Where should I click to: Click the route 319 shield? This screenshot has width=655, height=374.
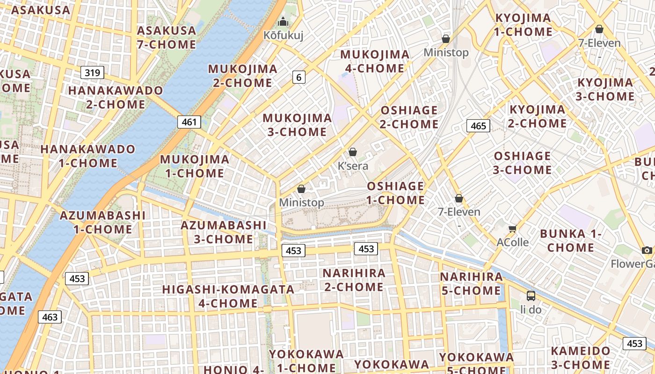(92, 72)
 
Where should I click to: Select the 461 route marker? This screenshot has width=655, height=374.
(189, 122)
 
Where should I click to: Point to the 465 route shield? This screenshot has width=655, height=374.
(478, 125)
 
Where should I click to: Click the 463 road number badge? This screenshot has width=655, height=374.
(50, 317)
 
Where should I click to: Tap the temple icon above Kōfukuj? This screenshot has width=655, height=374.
(283, 22)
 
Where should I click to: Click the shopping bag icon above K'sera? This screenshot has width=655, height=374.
(353, 152)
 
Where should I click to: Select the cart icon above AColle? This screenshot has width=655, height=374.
(512, 229)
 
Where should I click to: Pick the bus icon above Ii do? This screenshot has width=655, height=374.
(531, 295)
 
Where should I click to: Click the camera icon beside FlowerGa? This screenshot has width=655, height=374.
(647, 250)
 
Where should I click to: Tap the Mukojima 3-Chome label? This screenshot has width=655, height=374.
(297, 125)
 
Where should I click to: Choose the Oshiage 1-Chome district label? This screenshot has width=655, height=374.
(395, 193)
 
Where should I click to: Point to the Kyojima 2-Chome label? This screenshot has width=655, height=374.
(537, 116)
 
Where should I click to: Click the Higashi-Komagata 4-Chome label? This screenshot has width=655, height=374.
(228, 296)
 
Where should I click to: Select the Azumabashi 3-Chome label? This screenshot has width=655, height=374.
(224, 232)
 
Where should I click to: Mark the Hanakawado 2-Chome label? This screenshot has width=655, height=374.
(116, 97)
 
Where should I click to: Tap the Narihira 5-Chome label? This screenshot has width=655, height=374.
(471, 284)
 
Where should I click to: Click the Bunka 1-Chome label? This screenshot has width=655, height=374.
(570, 240)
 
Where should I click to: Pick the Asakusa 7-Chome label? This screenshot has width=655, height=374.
(167, 37)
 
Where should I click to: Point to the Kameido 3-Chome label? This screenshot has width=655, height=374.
(580, 358)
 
